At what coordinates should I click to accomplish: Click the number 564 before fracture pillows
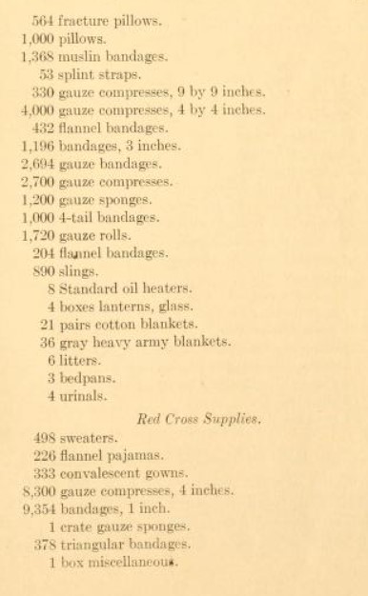point(44,20)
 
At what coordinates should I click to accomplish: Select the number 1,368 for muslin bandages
point(37,56)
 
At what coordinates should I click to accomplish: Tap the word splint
point(79,74)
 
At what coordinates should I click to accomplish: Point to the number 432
point(44,129)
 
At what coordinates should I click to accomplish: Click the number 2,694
point(37,164)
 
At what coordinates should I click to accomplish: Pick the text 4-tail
point(78,217)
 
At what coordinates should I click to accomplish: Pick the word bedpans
point(84,378)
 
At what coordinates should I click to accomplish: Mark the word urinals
point(81,396)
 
